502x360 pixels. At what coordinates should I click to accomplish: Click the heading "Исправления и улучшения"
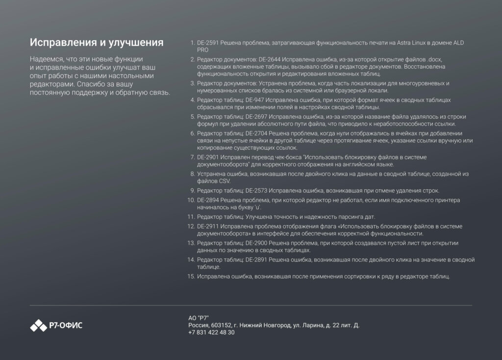pos(97,42)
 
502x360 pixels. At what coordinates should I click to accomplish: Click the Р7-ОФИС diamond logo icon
pos(38,325)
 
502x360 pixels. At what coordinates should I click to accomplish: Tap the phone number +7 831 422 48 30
pos(211,333)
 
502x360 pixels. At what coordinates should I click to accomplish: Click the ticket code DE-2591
pos(208,43)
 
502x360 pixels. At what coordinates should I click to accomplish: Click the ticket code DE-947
pos(255,100)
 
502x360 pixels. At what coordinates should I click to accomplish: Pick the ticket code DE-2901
pos(208,157)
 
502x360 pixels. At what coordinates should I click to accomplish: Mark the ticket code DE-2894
pos(208,201)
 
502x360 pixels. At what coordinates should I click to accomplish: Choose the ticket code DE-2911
pos(208,226)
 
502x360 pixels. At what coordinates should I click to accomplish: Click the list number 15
pos(191,277)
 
